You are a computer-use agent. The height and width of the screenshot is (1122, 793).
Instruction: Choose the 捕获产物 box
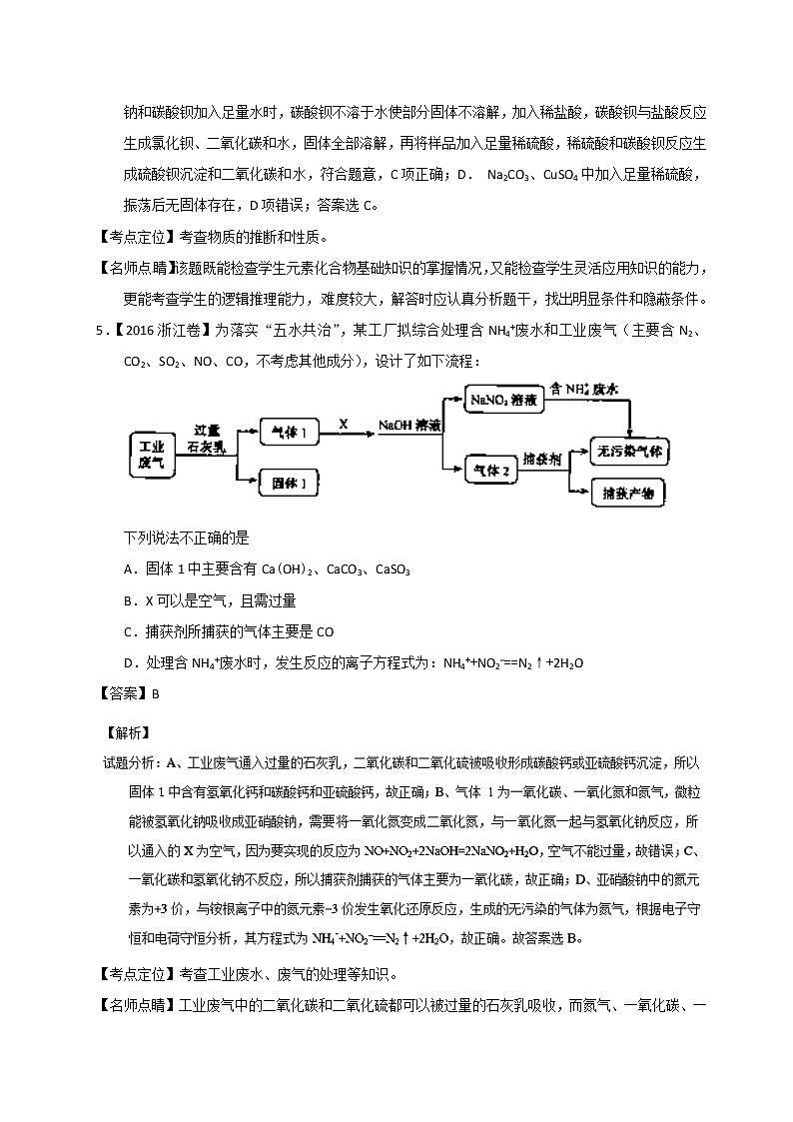point(628,493)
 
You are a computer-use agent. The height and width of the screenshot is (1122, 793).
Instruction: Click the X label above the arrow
point(344,424)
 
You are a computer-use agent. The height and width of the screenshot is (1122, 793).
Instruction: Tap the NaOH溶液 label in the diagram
point(410,427)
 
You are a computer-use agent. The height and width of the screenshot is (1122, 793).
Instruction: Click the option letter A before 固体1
point(128,568)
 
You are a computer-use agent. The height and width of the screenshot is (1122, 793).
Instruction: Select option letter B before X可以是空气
point(128,600)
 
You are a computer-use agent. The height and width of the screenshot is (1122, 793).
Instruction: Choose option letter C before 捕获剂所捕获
point(128,631)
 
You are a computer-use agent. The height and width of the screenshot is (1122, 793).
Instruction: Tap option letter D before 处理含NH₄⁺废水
point(128,662)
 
